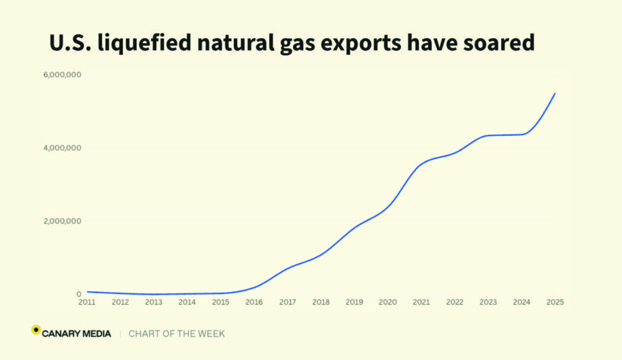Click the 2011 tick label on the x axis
tap(87, 302)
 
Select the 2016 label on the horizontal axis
tap(254, 302)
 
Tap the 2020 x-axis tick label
tap(388, 302)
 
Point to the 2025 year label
tap(555, 302)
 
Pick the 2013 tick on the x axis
tap(154, 302)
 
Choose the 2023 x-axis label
tap(488, 302)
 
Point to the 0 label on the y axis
tap(79, 294)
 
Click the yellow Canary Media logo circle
tap(36, 330)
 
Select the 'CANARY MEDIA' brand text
tap(77, 333)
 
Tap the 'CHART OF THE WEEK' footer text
tap(177, 333)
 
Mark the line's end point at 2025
tap(555, 93)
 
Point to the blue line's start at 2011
tap(87, 292)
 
